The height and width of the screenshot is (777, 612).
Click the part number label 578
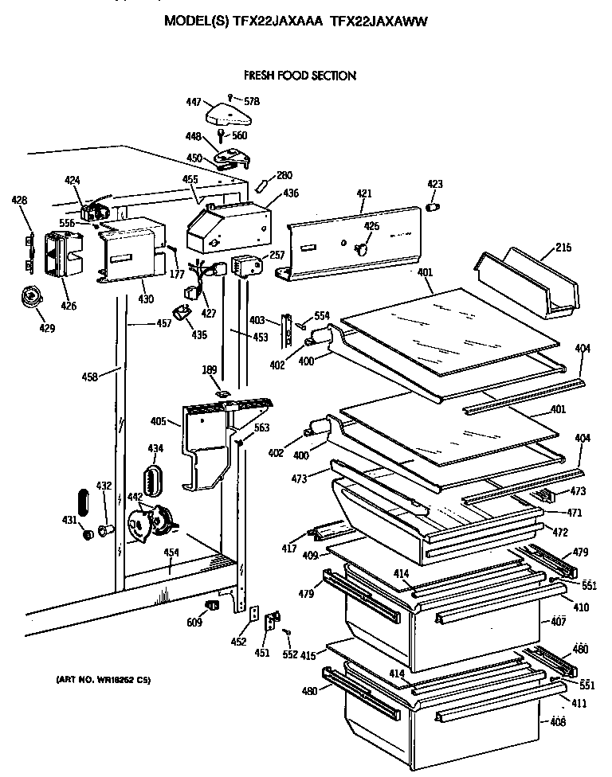[x=252, y=101]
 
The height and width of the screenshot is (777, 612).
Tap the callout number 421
[x=363, y=194]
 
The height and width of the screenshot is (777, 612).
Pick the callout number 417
[x=288, y=549]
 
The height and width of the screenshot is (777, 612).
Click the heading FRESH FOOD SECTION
[x=300, y=76]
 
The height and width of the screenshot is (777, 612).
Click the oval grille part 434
[x=151, y=480]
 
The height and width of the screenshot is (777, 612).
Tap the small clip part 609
[x=212, y=607]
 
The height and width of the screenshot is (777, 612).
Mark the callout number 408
[x=557, y=722]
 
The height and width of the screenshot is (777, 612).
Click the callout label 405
[x=158, y=421]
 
